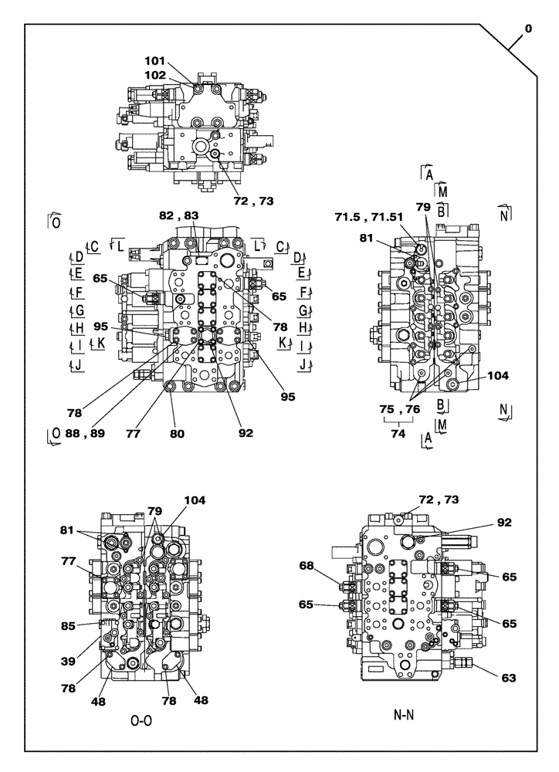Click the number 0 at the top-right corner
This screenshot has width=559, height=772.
tap(527, 29)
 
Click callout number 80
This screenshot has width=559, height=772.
tap(178, 434)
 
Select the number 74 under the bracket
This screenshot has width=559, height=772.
tap(398, 434)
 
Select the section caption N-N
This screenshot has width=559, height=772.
tap(402, 714)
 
